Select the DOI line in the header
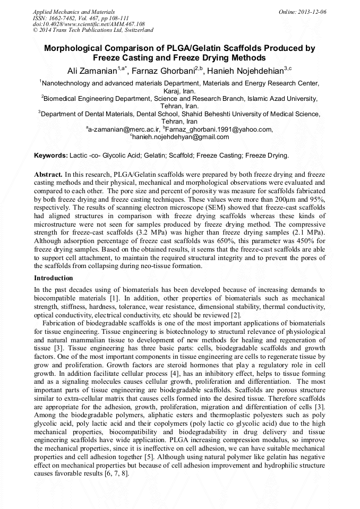pyautogui.click(x=89, y=24)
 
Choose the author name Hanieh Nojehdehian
pyautogui.click(x=243, y=71)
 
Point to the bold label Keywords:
pyautogui.click(x=51, y=156)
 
